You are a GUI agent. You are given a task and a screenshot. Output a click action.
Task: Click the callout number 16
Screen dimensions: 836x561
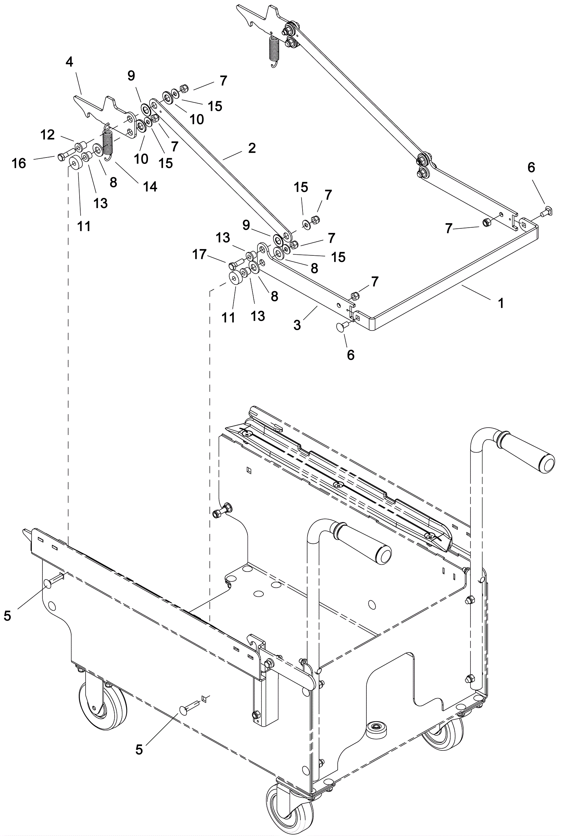19,163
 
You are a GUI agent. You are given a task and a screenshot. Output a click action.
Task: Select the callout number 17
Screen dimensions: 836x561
199,254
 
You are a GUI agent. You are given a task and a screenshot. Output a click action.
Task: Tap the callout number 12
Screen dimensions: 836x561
48,135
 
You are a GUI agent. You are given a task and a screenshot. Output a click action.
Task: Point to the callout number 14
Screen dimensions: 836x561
150,186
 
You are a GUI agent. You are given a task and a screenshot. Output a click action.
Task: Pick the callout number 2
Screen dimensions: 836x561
252,148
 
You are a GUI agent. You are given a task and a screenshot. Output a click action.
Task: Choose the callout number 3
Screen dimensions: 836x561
297,325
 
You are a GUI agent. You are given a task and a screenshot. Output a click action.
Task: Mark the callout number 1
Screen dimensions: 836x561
501,303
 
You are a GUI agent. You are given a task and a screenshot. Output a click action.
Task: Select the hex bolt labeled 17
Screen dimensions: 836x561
232,265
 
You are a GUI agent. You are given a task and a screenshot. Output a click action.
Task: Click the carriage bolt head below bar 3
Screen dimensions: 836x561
340,326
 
